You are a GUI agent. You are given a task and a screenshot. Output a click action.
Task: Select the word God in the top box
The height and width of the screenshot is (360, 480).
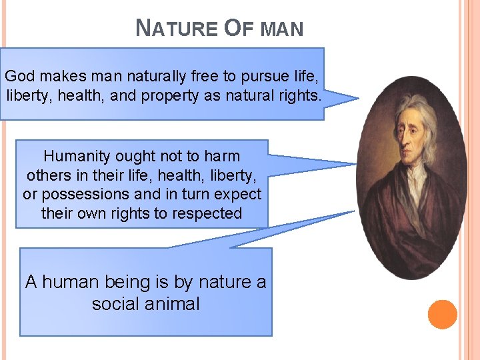click(x=19, y=76)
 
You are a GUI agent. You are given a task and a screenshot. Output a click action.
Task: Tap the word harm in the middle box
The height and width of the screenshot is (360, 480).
click(x=221, y=157)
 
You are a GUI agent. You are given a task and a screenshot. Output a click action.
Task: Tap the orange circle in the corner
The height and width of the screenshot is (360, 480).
click(x=442, y=315)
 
